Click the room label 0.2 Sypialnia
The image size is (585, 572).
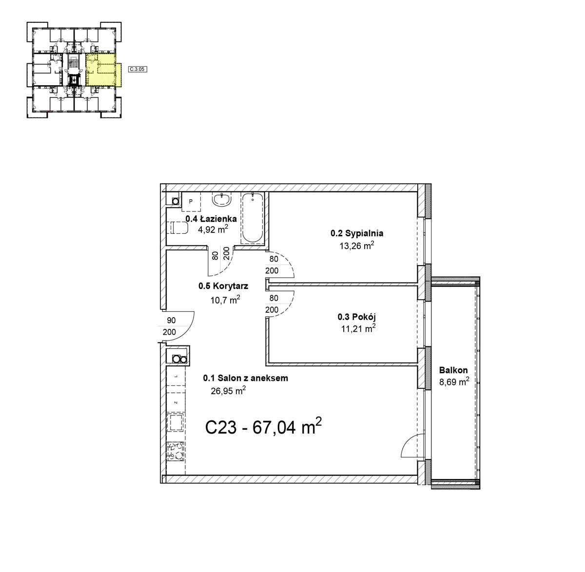coord(357,233)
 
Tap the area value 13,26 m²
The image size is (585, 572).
coord(357,246)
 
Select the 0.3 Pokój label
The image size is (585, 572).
coord(357,317)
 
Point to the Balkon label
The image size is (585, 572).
coord(453,370)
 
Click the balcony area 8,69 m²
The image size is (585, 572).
coord(454,381)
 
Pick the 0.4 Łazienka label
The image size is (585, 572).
coord(211,218)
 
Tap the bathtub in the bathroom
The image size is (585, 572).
coord(253,217)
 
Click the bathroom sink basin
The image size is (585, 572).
coord(222,199)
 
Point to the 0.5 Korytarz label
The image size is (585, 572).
coord(223,286)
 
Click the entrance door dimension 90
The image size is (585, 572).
coord(171,320)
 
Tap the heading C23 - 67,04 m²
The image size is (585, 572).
coord(263,426)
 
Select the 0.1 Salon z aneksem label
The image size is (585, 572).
coord(245,378)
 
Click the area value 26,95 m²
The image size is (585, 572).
coord(229,391)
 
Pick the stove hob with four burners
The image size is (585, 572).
coord(175,452)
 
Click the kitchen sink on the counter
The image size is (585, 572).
coord(175,423)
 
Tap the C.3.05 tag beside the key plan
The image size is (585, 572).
coord(137,69)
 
